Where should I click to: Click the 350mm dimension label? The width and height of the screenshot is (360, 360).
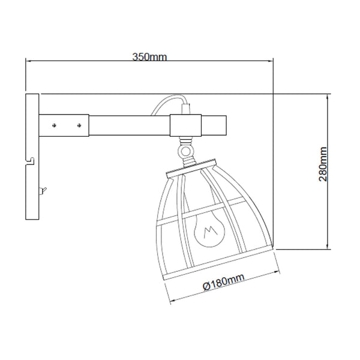click(149, 57)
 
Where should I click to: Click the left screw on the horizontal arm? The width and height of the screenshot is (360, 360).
click(55, 125)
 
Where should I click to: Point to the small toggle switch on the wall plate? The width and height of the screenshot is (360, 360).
click(41, 191)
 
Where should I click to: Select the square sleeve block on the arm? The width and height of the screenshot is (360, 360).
click(185, 125)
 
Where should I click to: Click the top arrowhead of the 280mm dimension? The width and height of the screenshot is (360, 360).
click(328, 97)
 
